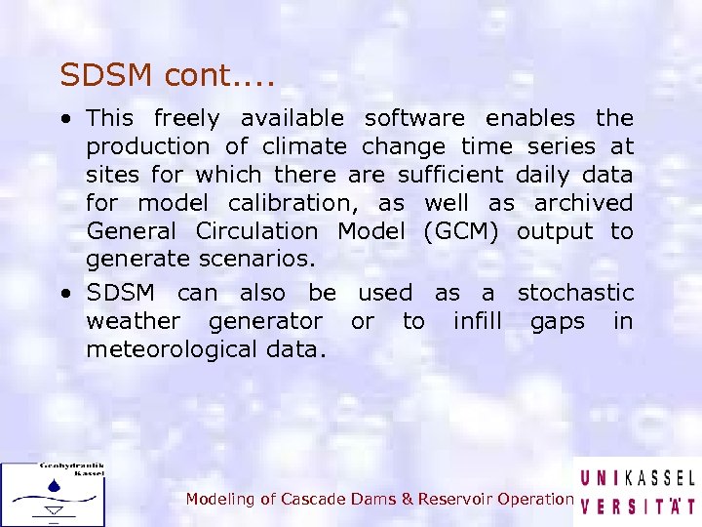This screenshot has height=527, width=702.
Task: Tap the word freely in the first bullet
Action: (x=187, y=119)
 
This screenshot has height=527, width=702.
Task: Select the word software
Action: (x=414, y=119)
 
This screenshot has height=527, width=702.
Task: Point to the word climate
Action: (x=305, y=147)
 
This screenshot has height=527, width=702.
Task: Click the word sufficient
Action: (x=451, y=176)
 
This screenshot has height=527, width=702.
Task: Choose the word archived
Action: (x=583, y=204)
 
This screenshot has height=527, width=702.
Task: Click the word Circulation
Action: (x=256, y=232)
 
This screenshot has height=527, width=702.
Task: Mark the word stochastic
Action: (x=575, y=293)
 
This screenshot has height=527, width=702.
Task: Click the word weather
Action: (x=133, y=321)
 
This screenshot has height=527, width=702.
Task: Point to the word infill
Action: (x=477, y=321)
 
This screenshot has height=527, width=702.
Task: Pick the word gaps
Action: (x=558, y=322)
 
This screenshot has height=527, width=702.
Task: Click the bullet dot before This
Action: (x=63, y=120)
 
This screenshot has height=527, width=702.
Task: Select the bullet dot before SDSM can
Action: (x=63, y=294)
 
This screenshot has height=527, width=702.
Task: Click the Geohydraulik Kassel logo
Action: (x=53, y=494)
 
